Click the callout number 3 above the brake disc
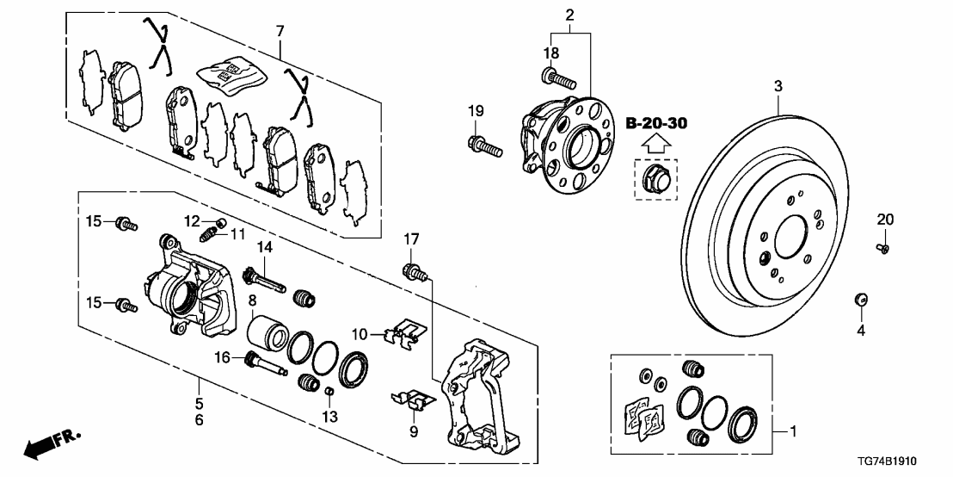(778, 86)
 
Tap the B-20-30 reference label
(655, 124)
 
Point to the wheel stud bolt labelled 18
(558, 80)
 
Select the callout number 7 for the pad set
(279, 32)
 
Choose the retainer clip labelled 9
(414, 398)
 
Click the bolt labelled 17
(415, 273)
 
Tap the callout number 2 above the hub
(569, 14)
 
